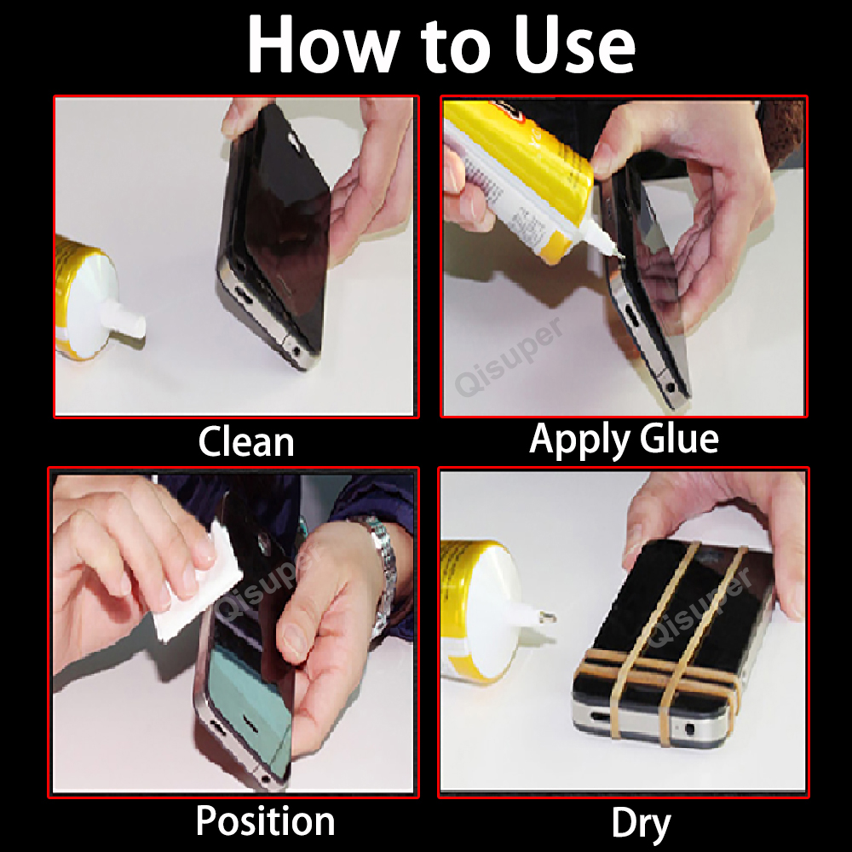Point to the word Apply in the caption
click(x=576, y=440)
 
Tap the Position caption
click(x=265, y=821)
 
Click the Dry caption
click(x=641, y=823)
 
